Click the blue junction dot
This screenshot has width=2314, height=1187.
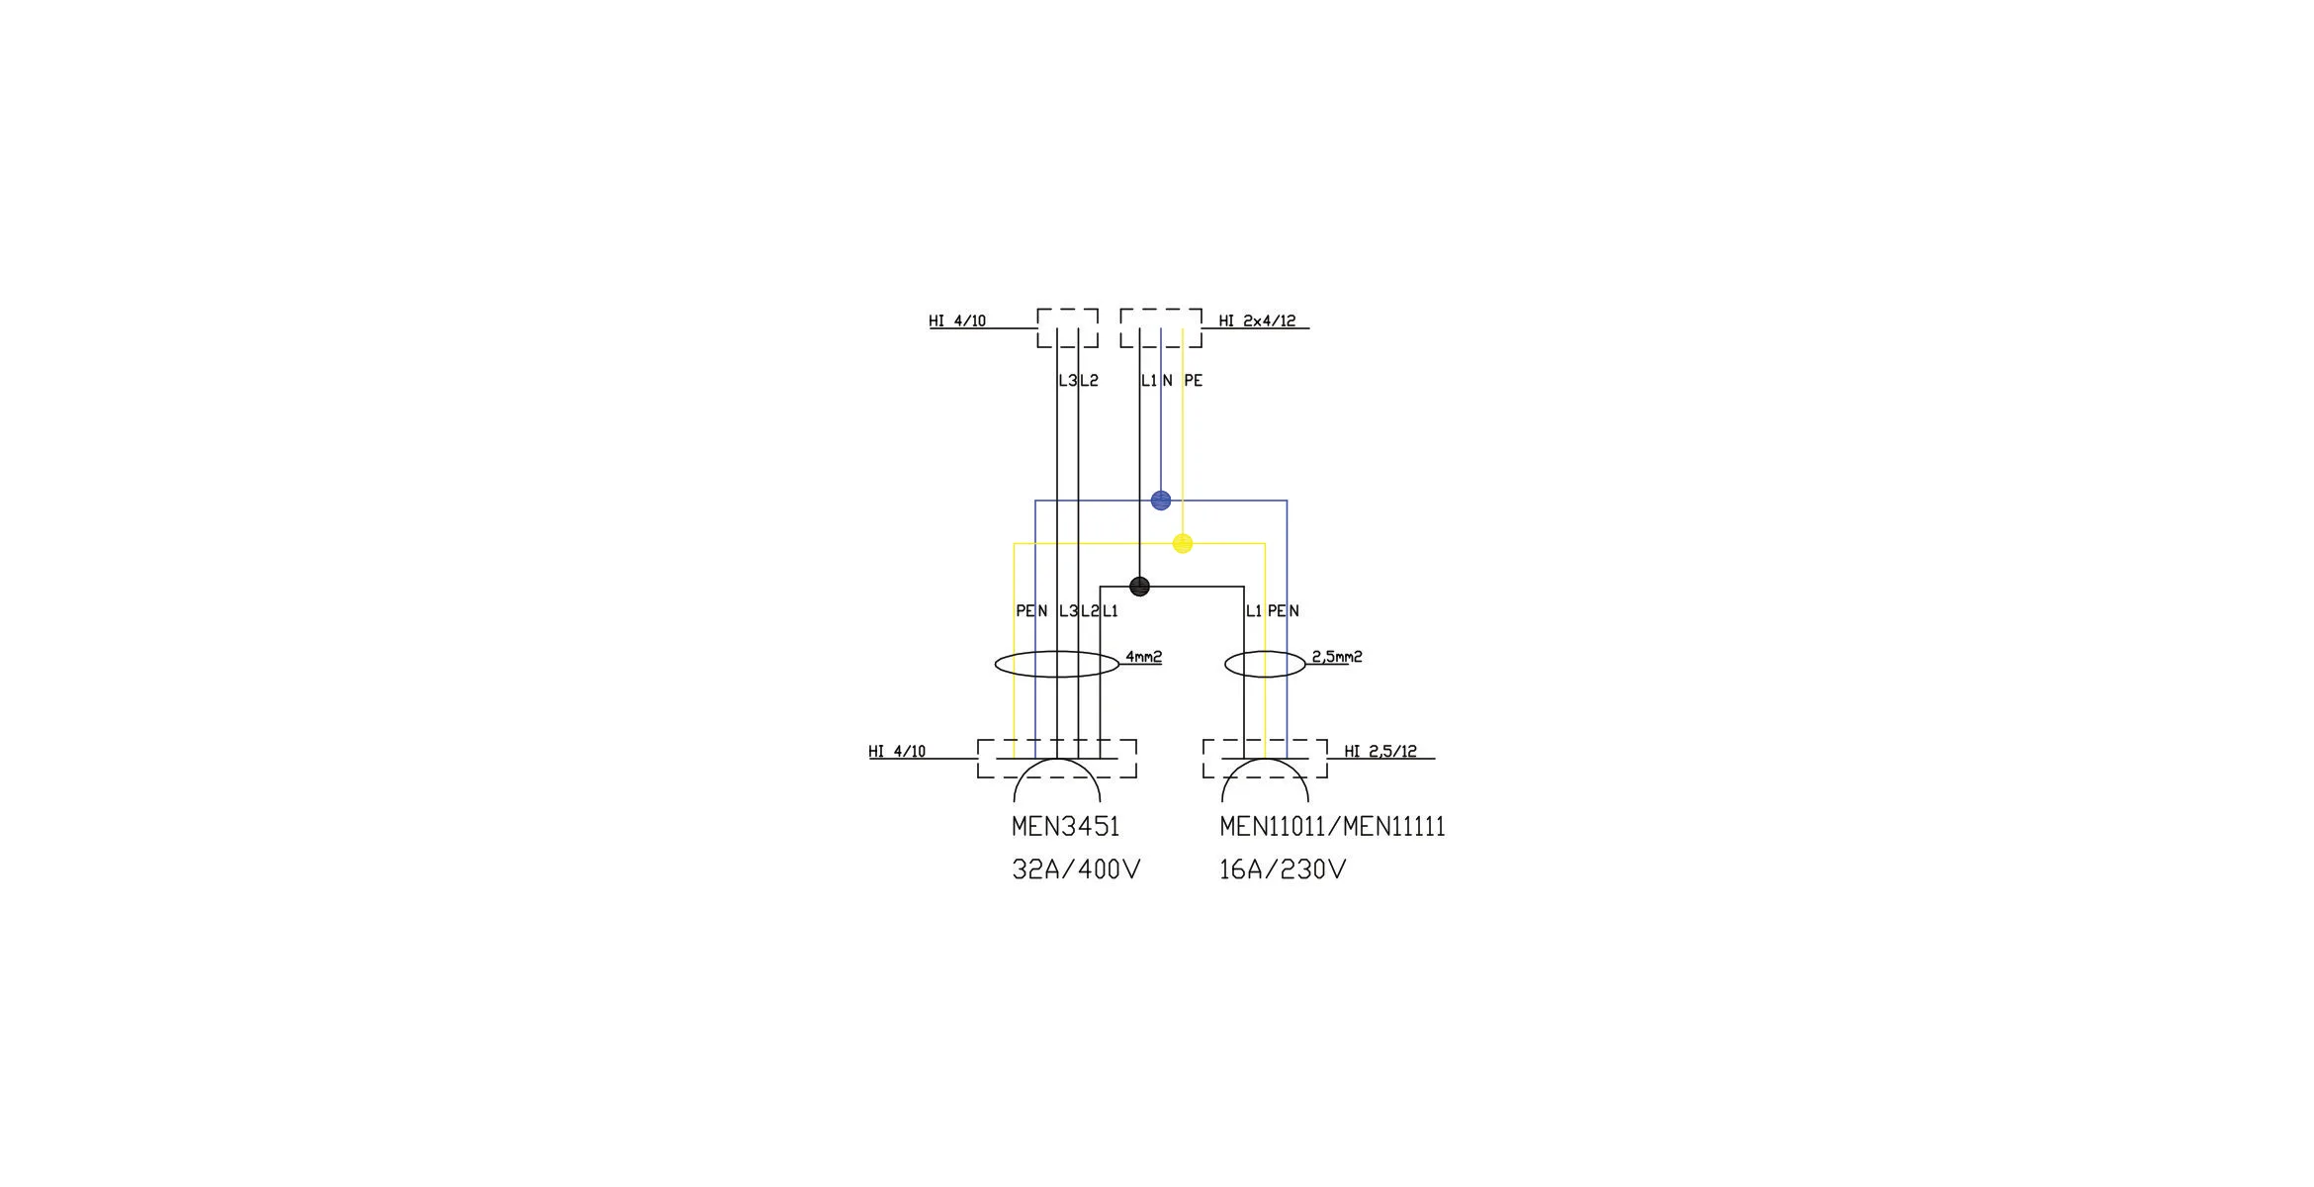click(1161, 501)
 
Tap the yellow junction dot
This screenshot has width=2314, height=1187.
click(1183, 543)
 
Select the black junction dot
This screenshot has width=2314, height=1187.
click(1139, 587)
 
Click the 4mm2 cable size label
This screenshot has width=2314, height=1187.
click(1143, 656)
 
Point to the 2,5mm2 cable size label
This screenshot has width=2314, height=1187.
click(1337, 656)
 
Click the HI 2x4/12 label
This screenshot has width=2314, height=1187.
click(1257, 320)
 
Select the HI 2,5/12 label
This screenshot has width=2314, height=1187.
click(1380, 751)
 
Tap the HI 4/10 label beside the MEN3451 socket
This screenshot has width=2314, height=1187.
click(897, 751)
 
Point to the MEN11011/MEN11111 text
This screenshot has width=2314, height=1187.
click(1332, 826)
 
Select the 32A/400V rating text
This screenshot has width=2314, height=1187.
click(1076, 869)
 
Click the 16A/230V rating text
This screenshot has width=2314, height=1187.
click(1283, 869)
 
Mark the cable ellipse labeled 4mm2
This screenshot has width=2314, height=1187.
click(1057, 664)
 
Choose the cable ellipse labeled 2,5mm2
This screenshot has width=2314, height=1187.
click(1265, 664)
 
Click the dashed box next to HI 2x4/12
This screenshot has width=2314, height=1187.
click(1161, 327)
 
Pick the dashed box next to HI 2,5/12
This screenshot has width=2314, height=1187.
click(1265, 759)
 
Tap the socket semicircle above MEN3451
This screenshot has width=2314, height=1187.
click(1057, 779)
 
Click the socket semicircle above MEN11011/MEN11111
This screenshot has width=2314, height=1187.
click(1265, 779)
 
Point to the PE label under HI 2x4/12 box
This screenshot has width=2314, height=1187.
click(1193, 380)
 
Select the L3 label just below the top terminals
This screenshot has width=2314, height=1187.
click(1067, 380)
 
